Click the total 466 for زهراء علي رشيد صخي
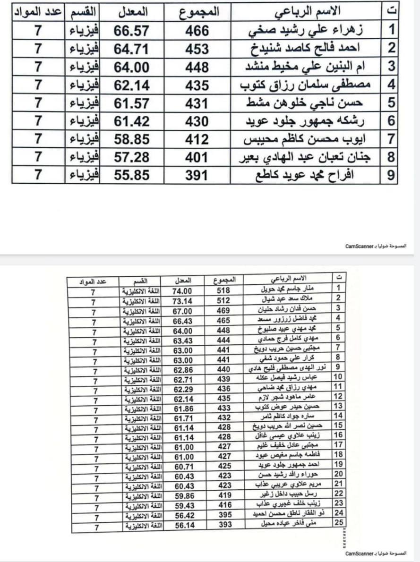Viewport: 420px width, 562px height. coord(197,31)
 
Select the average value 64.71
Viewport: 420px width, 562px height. coord(132,49)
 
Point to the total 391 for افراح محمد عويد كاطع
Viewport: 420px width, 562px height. coord(197,175)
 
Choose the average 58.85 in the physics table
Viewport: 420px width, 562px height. coord(132,139)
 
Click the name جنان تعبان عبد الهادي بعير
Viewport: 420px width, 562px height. coord(307,157)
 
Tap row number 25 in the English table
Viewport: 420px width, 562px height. coord(338,523)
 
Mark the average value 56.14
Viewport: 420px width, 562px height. coord(182,523)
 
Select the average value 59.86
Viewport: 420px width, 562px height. coord(182,495)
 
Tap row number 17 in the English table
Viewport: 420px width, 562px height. coord(338,446)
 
